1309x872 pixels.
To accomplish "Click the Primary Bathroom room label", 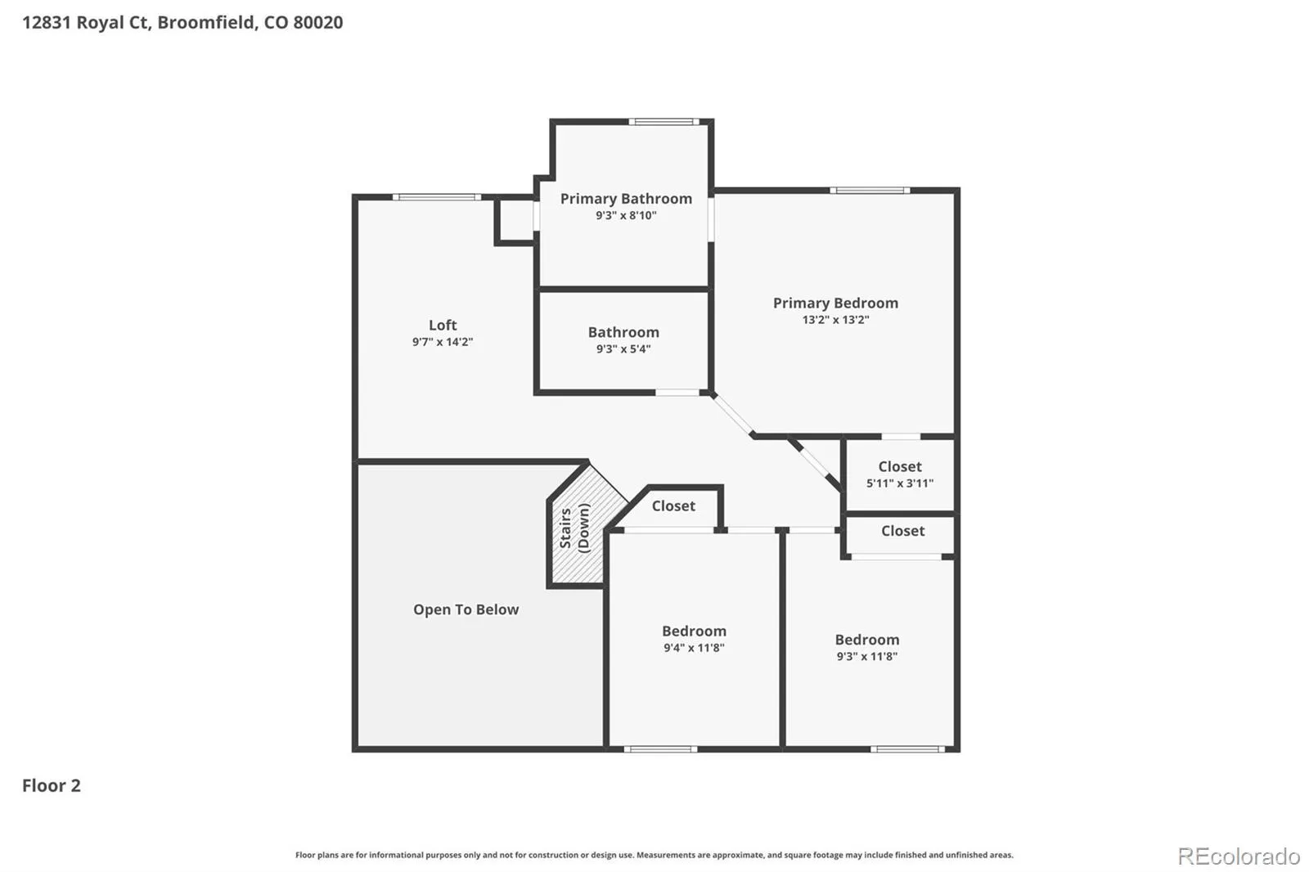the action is pos(626,199).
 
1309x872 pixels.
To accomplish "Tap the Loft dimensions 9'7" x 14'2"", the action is pos(443,342).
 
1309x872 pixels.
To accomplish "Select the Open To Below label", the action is pos(466,609).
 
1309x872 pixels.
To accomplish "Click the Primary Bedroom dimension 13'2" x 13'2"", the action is pos(835,320).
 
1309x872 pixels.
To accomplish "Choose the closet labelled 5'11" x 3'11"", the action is pos(900,474).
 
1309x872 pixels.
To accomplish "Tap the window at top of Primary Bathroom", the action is pos(663,122).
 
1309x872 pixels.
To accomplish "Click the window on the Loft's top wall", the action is pos(437,197).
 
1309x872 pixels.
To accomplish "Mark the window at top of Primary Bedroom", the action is pos(870,190).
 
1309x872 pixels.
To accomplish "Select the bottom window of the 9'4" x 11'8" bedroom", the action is pos(660,748).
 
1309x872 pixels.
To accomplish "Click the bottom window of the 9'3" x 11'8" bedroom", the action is pos(907,748).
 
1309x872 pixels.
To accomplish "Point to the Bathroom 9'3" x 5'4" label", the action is pos(623,340).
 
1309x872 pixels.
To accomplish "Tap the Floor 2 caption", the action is pos(52,785).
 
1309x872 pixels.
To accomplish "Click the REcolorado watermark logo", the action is pos(1239,856).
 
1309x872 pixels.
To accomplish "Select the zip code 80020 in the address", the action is pos(318,22).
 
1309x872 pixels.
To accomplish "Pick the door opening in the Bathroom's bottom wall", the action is pos(677,393).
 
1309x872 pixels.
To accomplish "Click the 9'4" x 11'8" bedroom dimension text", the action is pos(695,648).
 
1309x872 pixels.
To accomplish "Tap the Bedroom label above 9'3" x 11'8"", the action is pos(867,640).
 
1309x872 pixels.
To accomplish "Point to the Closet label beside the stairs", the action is pos(673,506).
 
